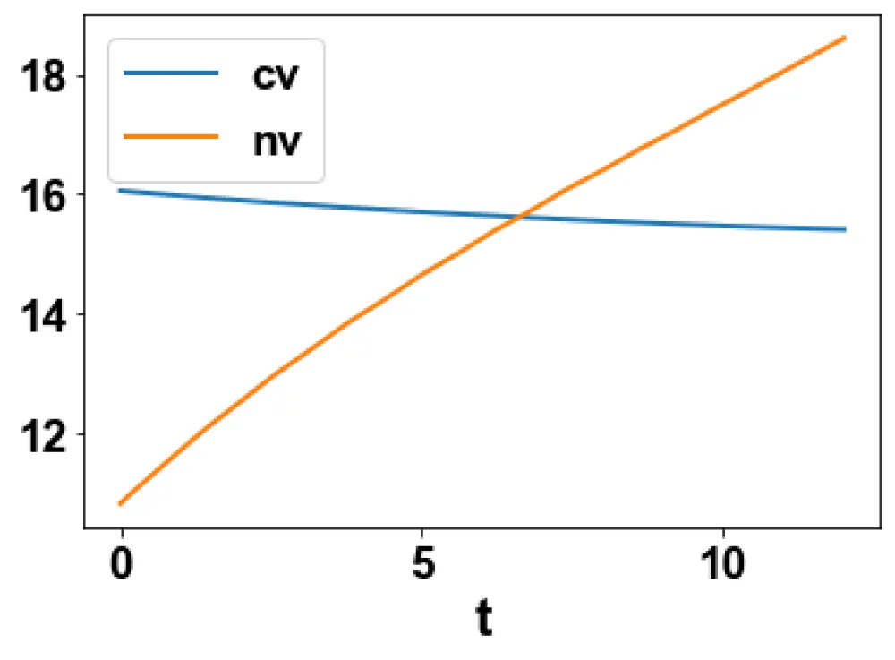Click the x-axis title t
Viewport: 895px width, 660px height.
coord(483,619)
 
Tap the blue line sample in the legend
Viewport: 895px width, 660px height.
coord(171,75)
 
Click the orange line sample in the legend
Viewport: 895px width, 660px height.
coord(171,137)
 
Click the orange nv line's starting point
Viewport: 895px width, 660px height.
coord(121,503)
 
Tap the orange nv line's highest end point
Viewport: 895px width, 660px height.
coord(844,38)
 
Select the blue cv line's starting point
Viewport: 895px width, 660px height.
coord(121,190)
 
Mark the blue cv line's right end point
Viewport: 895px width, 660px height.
coord(844,229)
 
